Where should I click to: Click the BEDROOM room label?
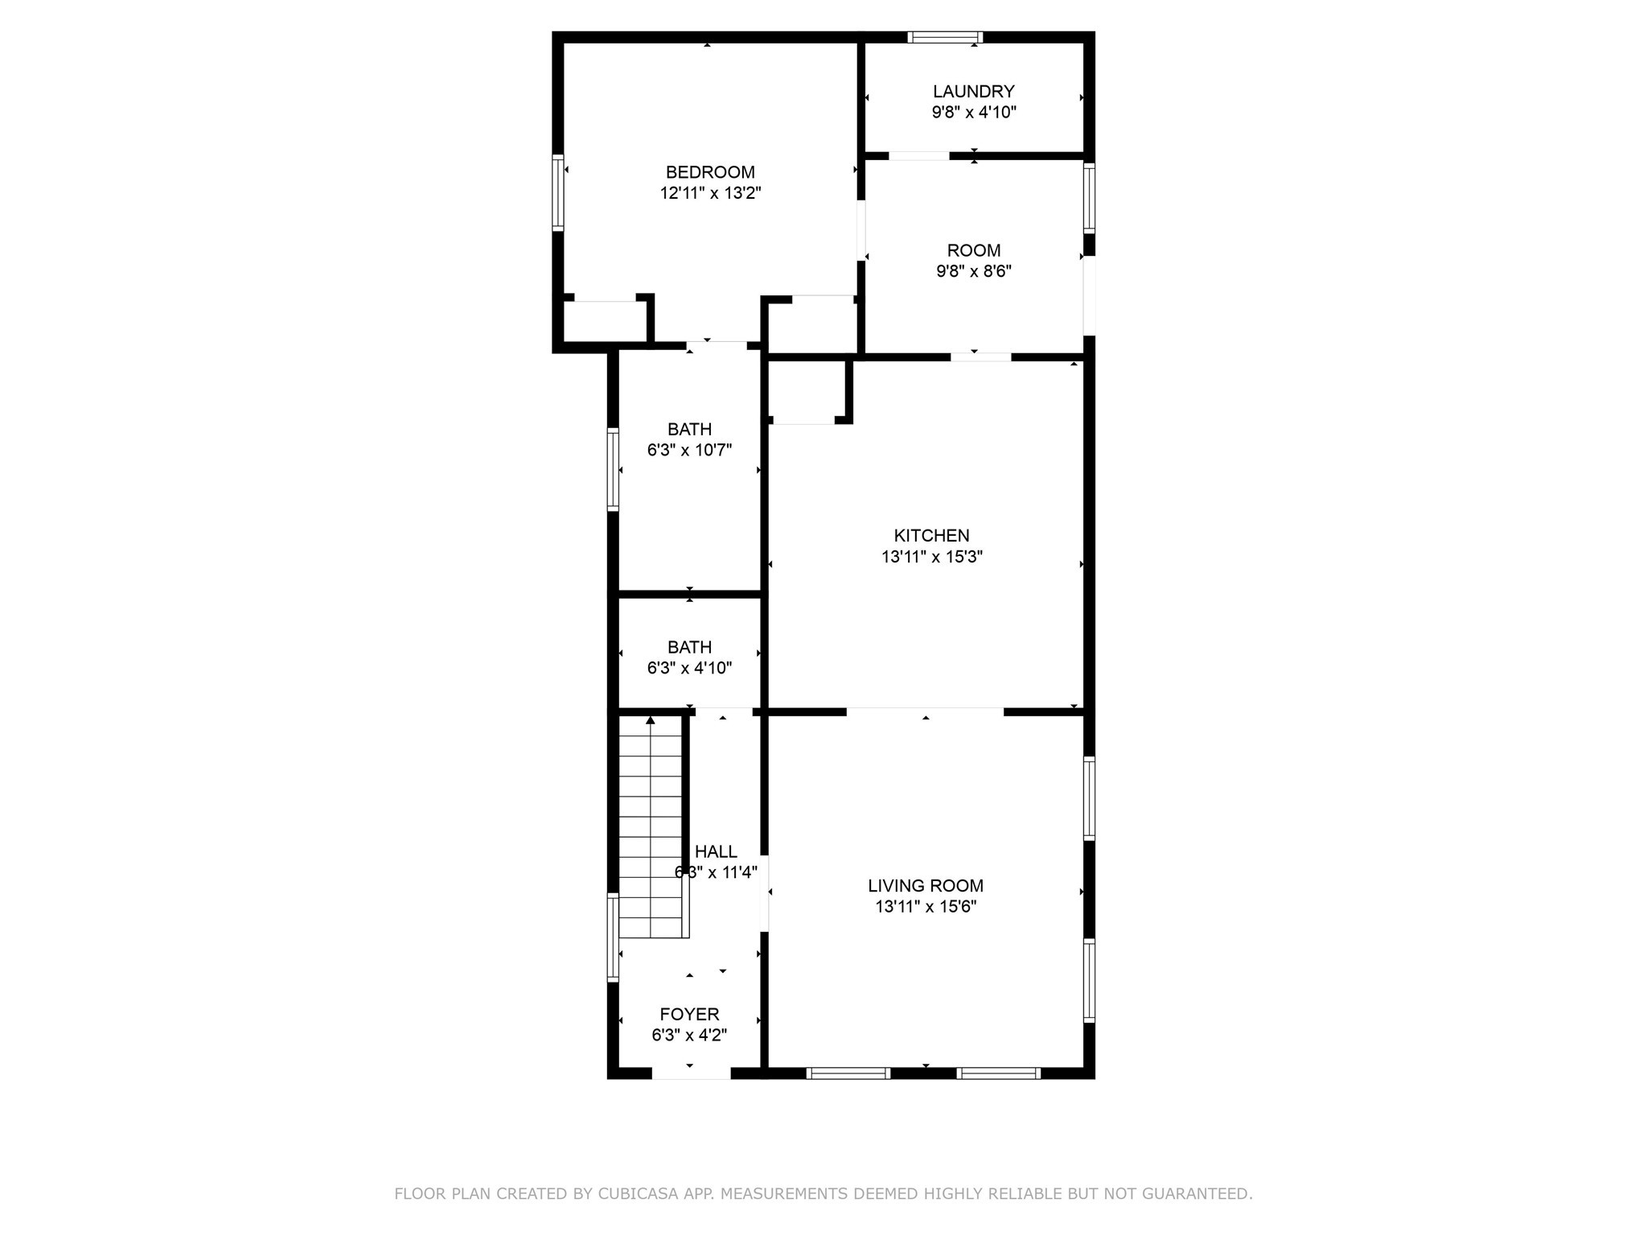pos(710,172)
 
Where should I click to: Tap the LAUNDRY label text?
pos(973,92)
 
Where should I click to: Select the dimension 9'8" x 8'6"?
pos(973,272)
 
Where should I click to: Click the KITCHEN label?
pos(931,536)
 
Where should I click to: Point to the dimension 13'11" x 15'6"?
pos(926,907)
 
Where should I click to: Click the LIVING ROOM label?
pos(926,886)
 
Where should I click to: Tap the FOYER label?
pos(689,1015)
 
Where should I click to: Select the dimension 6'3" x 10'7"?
pos(689,451)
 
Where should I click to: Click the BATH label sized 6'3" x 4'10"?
pos(689,647)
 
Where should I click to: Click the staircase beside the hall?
pos(650,829)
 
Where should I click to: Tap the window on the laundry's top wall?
pos(945,37)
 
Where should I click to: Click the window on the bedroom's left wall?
pos(557,193)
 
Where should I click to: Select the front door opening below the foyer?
pos(691,1073)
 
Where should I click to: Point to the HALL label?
pos(716,851)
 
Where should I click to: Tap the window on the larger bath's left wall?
pos(613,469)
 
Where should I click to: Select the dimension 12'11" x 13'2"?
pos(710,193)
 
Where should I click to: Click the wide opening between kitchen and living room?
pos(925,711)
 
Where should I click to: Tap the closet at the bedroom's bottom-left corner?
pos(604,322)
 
